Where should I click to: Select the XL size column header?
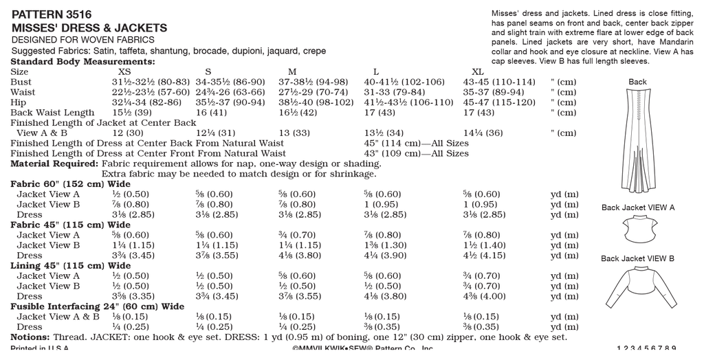(x=478, y=71)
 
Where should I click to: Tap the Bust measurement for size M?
(x=313, y=82)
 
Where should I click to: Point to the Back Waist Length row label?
(x=53, y=113)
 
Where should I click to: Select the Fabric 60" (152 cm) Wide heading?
(x=70, y=184)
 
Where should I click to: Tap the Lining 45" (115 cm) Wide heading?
(x=70, y=266)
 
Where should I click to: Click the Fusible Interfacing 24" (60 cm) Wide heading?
(x=97, y=306)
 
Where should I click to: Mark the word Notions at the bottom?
(x=29, y=337)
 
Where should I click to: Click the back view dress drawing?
(x=637, y=137)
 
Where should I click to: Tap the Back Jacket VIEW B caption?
(x=637, y=259)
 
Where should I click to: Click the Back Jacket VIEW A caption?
(x=637, y=207)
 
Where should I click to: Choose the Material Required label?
(x=54, y=164)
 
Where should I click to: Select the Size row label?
(x=20, y=71)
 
